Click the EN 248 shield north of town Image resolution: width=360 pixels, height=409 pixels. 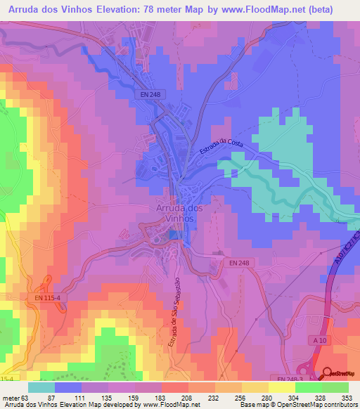[149, 93]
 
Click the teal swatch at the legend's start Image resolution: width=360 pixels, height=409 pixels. [41, 387]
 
